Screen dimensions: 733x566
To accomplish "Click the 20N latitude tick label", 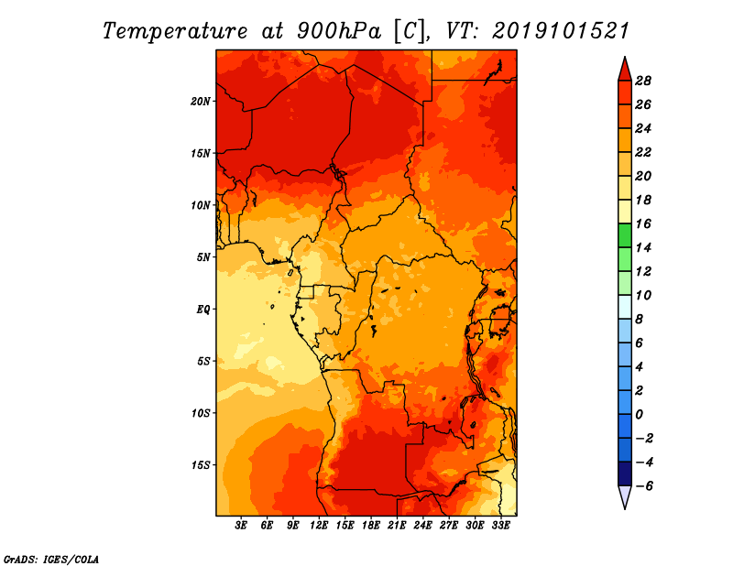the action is click(201, 102).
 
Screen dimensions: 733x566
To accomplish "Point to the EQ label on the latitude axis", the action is click(203, 310).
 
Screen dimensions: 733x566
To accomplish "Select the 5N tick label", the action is click(203, 257).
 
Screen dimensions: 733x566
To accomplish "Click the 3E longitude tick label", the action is click(241, 526).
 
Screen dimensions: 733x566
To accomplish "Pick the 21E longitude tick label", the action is click(397, 526).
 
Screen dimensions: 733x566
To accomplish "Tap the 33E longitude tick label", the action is click(500, 526).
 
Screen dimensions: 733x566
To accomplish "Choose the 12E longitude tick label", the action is click(319, 526).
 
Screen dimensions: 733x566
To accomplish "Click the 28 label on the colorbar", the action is click(643, 81).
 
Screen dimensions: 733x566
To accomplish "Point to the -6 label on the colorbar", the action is click(644, 486).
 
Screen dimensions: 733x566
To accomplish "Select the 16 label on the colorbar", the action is click(643, 223).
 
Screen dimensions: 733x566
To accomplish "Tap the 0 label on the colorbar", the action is click(639, 415).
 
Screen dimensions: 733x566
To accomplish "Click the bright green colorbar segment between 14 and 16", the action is click(625, 235).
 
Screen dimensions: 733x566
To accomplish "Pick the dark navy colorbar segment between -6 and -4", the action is click(625, 473).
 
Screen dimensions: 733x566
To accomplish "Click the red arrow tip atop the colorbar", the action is click(625, 58).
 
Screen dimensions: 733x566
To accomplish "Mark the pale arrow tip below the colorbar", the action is click(625, 508).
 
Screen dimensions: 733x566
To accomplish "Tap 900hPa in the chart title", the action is click(339, 31).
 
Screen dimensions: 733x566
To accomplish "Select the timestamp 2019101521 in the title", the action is click(561, 31).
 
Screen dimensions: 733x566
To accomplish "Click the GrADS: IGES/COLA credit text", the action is click(51, 560).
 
